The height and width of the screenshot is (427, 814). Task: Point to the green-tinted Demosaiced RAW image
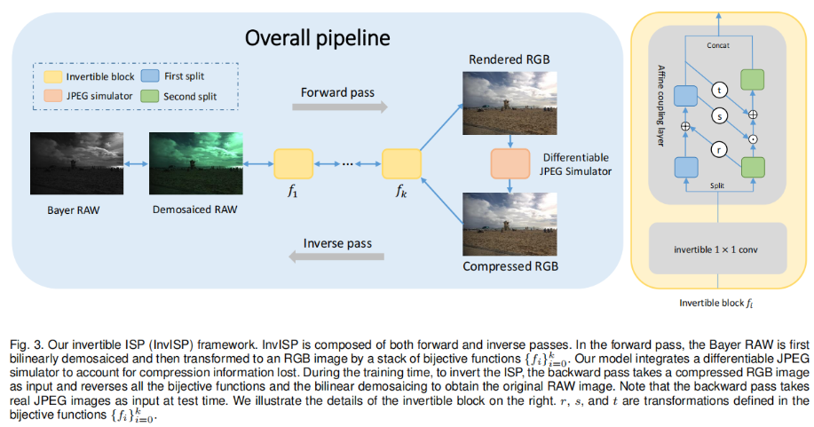point(192,164)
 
